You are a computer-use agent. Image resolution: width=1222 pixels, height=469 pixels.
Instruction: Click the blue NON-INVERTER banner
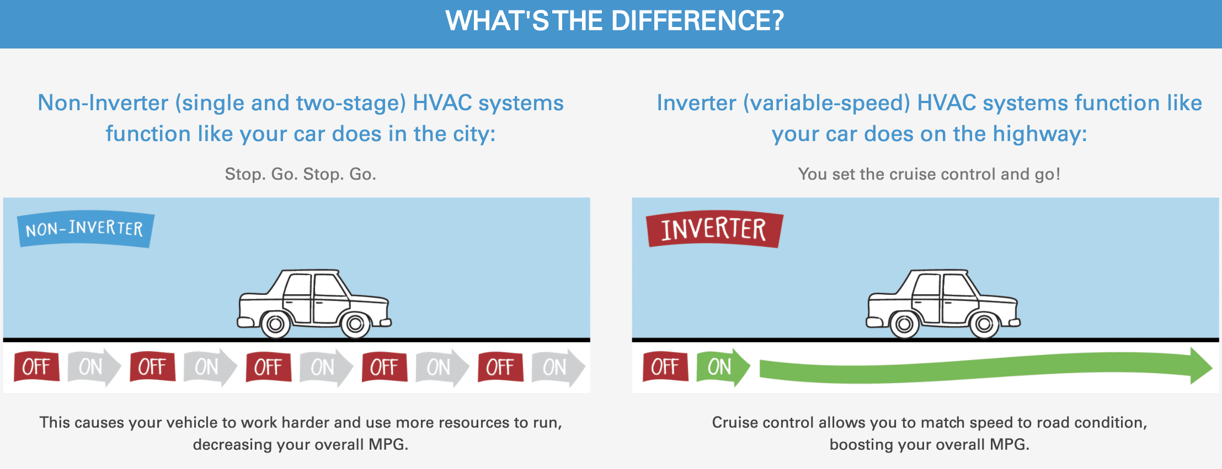coord(86,229)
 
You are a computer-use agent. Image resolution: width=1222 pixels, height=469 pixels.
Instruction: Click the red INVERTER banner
coord(714,229)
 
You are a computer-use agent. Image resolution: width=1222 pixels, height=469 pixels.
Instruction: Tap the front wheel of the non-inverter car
coord(355,324)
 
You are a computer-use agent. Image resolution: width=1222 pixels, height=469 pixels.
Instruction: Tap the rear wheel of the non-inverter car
coord(275,324)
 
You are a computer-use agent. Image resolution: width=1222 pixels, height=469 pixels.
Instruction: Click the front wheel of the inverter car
coord(984,324)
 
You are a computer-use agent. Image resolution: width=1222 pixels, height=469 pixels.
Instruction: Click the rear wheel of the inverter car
coord(904,324)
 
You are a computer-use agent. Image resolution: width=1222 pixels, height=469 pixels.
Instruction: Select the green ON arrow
coord(723,367)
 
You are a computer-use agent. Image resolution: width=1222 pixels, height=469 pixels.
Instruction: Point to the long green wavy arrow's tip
coord(1212,366)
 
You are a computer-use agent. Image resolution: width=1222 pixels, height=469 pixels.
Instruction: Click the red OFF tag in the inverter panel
coord(665,367)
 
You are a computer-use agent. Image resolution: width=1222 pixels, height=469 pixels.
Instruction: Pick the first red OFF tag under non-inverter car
coord(36,367)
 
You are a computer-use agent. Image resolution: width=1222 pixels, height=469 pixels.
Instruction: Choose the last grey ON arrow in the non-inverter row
coord(558,367)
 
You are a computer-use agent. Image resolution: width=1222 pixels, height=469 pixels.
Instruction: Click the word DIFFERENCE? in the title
coord(697,21)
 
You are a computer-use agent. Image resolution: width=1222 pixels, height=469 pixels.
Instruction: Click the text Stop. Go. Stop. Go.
coord(301,174)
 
